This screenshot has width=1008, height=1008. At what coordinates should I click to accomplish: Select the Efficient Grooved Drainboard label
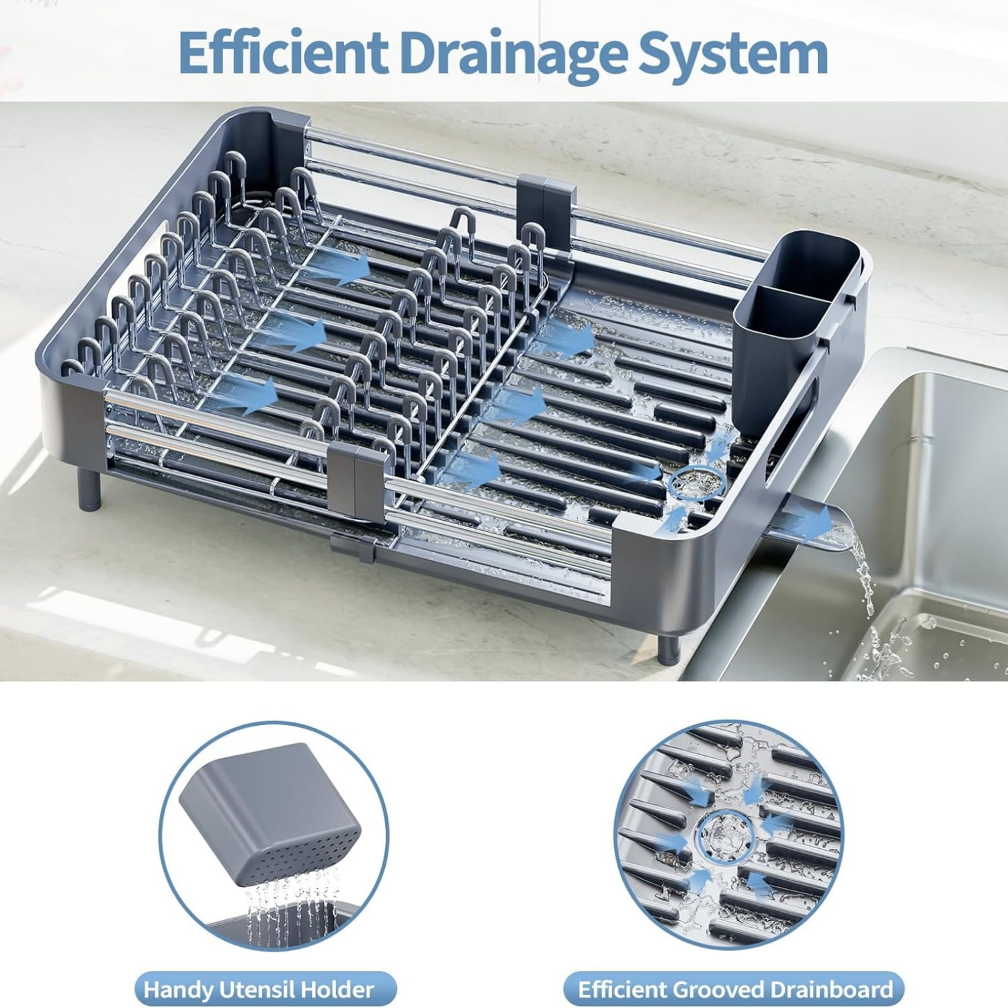click(734, 989)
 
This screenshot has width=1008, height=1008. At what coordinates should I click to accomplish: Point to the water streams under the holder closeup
click(289, 904)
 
